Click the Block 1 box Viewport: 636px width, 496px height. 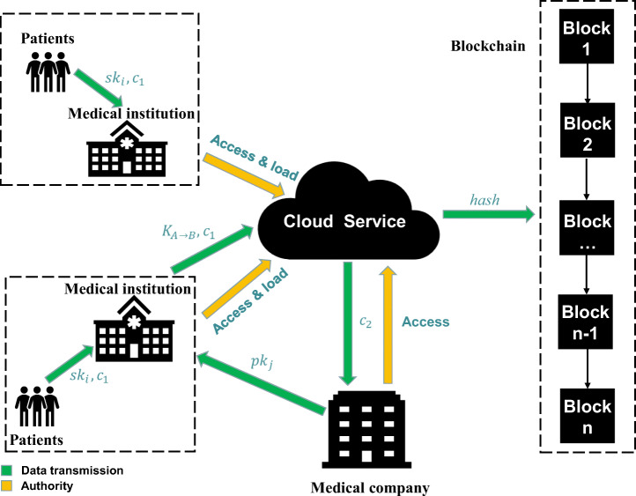click(x=587, y=37)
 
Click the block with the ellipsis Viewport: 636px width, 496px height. click(x=587, y=228)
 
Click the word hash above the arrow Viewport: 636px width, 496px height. click(x=484, y=201)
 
